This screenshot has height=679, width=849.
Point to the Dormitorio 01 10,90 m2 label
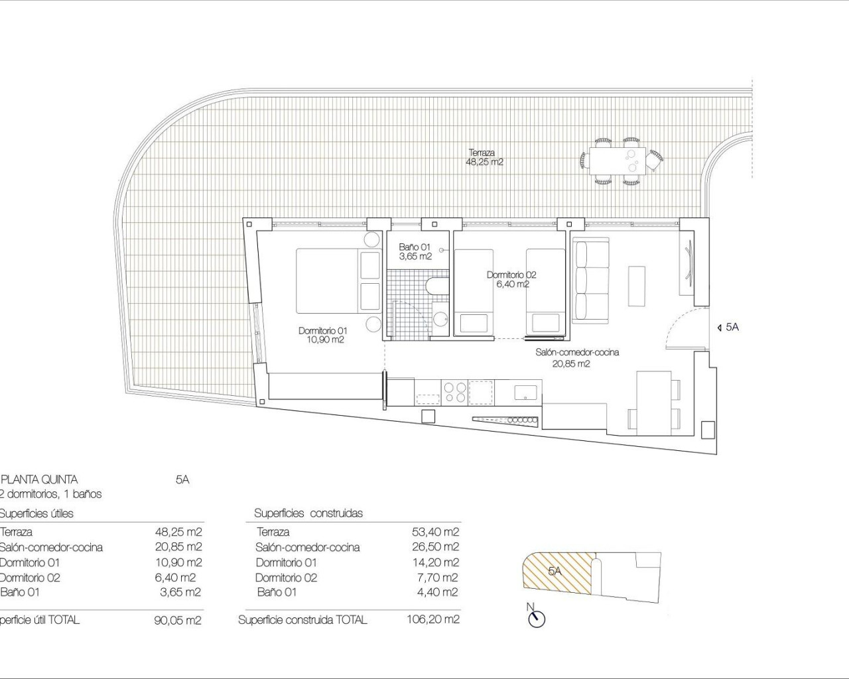point(322,335)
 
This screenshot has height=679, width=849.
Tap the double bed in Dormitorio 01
point(328,280)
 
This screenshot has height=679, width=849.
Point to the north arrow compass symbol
point(536,618)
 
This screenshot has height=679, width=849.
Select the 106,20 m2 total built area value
point(432,620)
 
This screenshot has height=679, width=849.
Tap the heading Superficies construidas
point(308,513)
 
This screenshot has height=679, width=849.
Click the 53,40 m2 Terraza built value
point(435,532)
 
